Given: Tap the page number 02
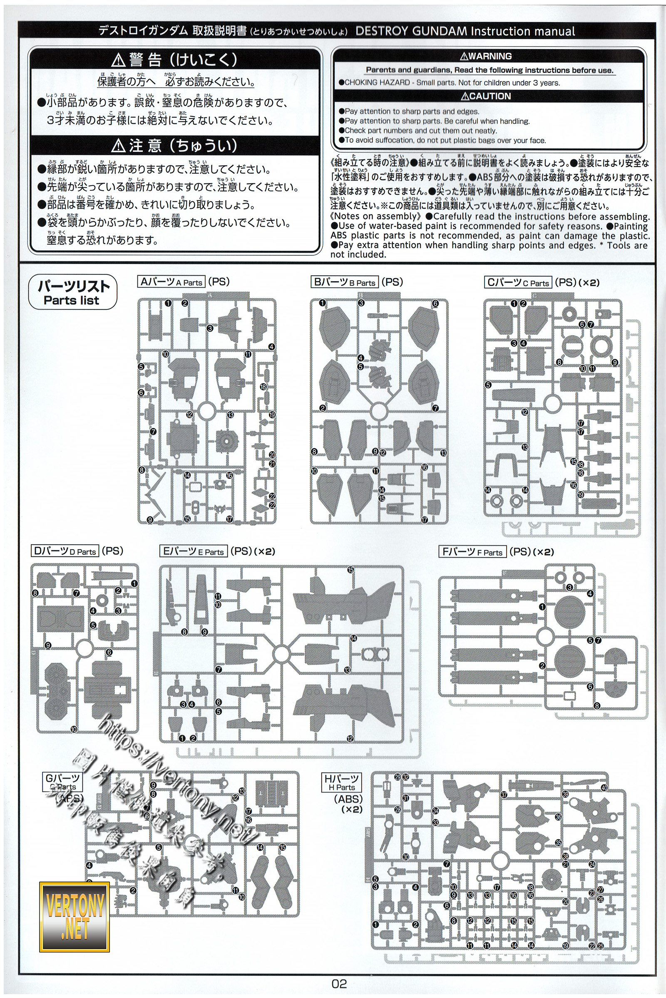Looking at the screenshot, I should click(x=339, y=983).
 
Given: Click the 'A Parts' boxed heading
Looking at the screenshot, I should click(x=171, y=282).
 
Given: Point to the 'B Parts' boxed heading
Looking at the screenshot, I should click(x=345, y=282).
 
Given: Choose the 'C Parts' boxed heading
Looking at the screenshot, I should click(x=518, y=283).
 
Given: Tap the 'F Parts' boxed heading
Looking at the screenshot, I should click(x=472, y=552).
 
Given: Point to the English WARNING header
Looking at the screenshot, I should click(x=486, y=56).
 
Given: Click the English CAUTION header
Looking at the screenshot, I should click(x=486, y=96).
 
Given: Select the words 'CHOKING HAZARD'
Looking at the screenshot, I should click(x=377, y=83).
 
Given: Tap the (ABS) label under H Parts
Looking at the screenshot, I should click(x=348, y=799).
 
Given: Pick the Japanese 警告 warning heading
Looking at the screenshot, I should click(x=174, y=60).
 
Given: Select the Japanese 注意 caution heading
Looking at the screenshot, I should click(x=174, y=146).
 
